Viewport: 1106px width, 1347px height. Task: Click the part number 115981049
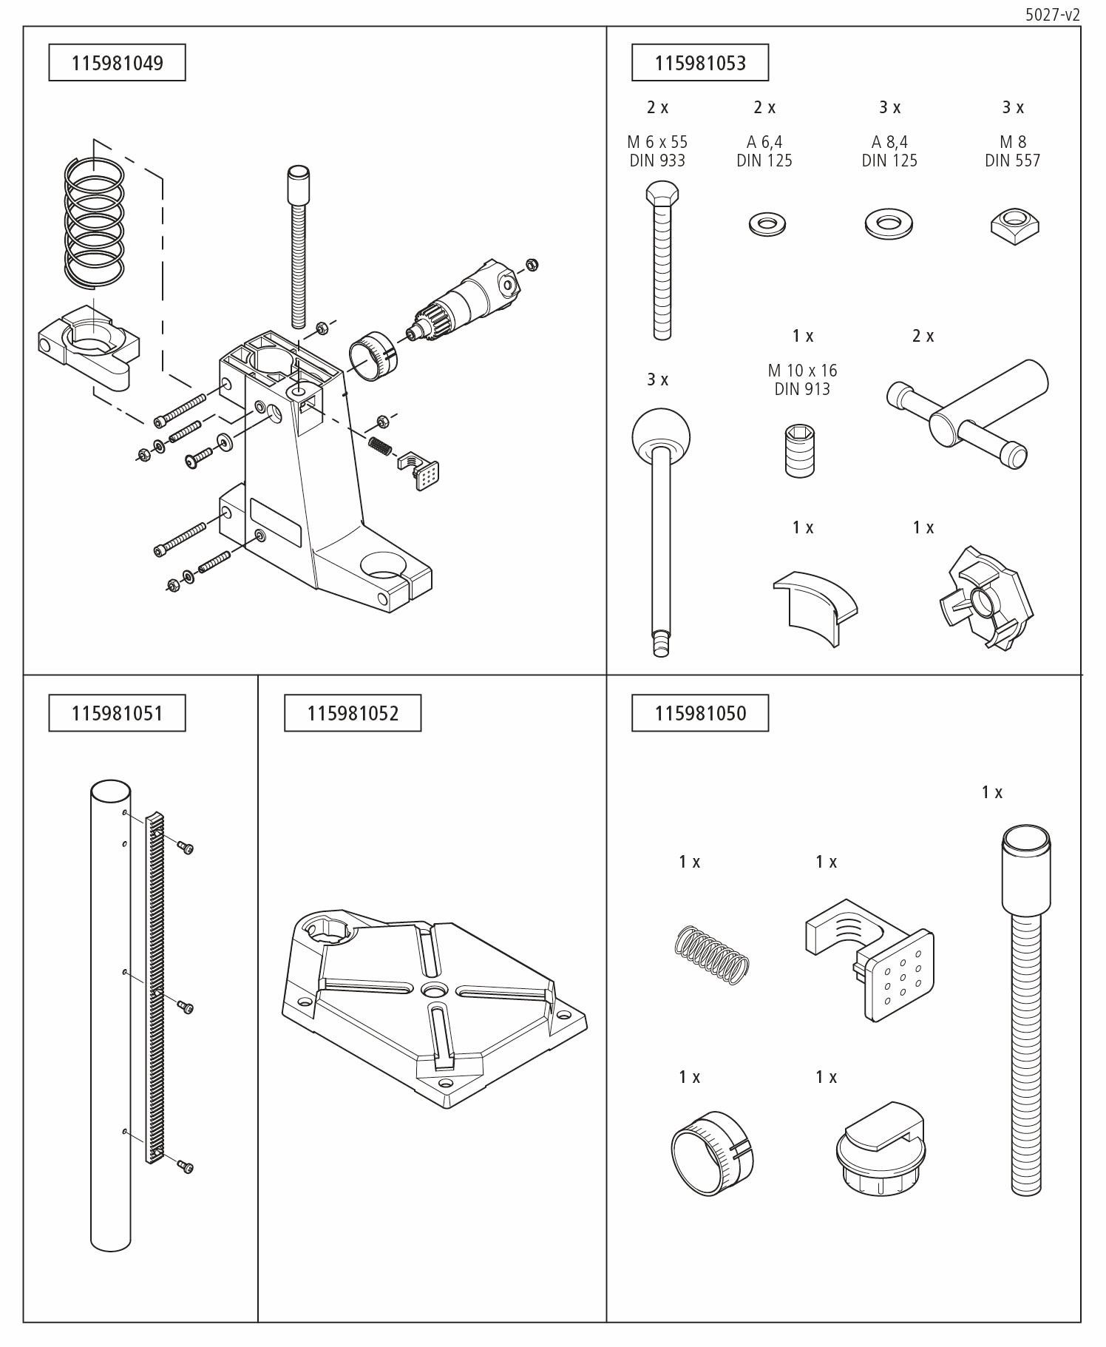click(117, 63)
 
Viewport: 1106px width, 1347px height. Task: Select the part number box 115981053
click(699, 63)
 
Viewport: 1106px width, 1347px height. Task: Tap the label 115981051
click(117, 713)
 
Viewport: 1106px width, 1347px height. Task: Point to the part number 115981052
click(353, 713)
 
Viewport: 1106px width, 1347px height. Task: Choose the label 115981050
click(699, 713)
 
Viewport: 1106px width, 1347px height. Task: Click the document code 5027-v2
click(1053, 15)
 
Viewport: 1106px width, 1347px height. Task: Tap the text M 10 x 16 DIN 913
click(802, 379)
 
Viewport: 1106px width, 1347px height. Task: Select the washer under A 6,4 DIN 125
click(767, 223)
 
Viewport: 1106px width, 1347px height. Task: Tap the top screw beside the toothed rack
click(185, 847)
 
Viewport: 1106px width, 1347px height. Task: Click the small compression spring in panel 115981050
click(712, 955)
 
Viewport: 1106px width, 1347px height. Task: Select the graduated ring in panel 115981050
click(711, 1152)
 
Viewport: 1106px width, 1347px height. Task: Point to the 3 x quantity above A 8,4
click(889, 107)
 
